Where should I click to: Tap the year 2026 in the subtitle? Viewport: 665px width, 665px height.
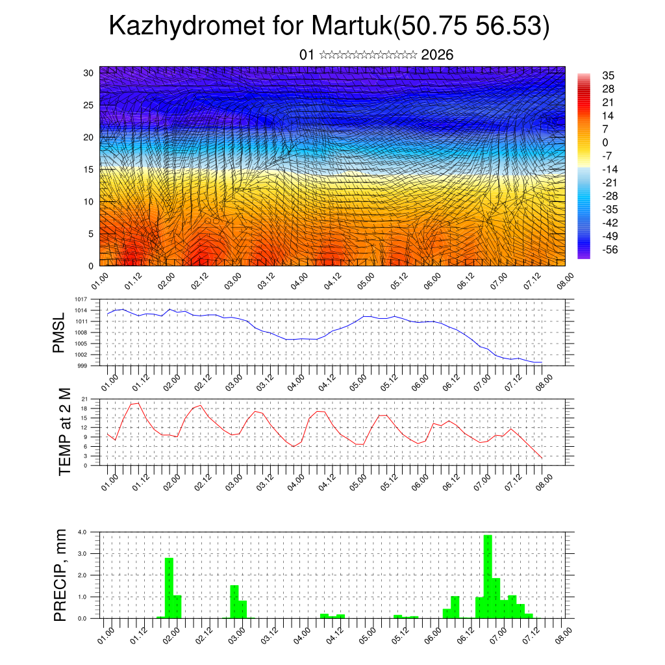[x=437, y=55]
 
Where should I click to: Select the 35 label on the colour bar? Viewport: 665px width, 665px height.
[x=608, y=75]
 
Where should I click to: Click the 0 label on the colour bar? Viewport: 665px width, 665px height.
[x=605, y=142]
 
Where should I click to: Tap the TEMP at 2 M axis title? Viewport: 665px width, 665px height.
[x=64, y=432]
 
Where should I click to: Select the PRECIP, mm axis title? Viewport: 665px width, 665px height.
[x=60, y=574]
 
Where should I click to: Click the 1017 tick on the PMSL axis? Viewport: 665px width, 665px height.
[x=81, y=299]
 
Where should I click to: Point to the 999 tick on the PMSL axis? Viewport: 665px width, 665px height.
[x=82, y=366]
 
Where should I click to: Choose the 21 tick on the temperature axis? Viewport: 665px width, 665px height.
[x=84, y=399]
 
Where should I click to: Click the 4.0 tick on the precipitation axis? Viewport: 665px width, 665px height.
[x=82, y=532]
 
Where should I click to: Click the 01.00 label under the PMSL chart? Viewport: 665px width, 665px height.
[x=110, y=381]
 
